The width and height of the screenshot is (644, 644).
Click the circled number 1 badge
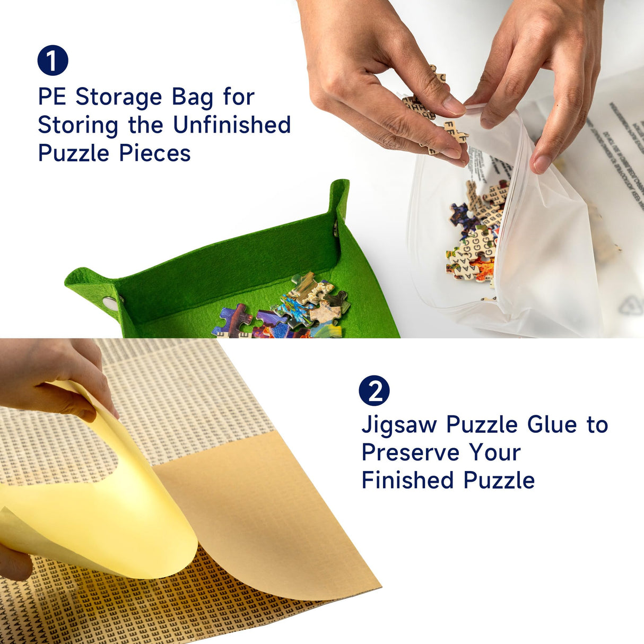(53, 60)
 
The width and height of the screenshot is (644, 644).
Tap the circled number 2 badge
(374, 391)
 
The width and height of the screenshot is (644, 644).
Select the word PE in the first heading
(51, 97)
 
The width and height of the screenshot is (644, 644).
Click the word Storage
(119, 97)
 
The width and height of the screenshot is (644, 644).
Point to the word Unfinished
(232, 125)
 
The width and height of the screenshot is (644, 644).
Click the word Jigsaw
(399, 425)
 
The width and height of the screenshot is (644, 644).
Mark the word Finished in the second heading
(407, 481)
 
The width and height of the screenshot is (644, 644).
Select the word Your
(494, 452)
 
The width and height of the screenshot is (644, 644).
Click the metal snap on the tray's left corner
(110, 303)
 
